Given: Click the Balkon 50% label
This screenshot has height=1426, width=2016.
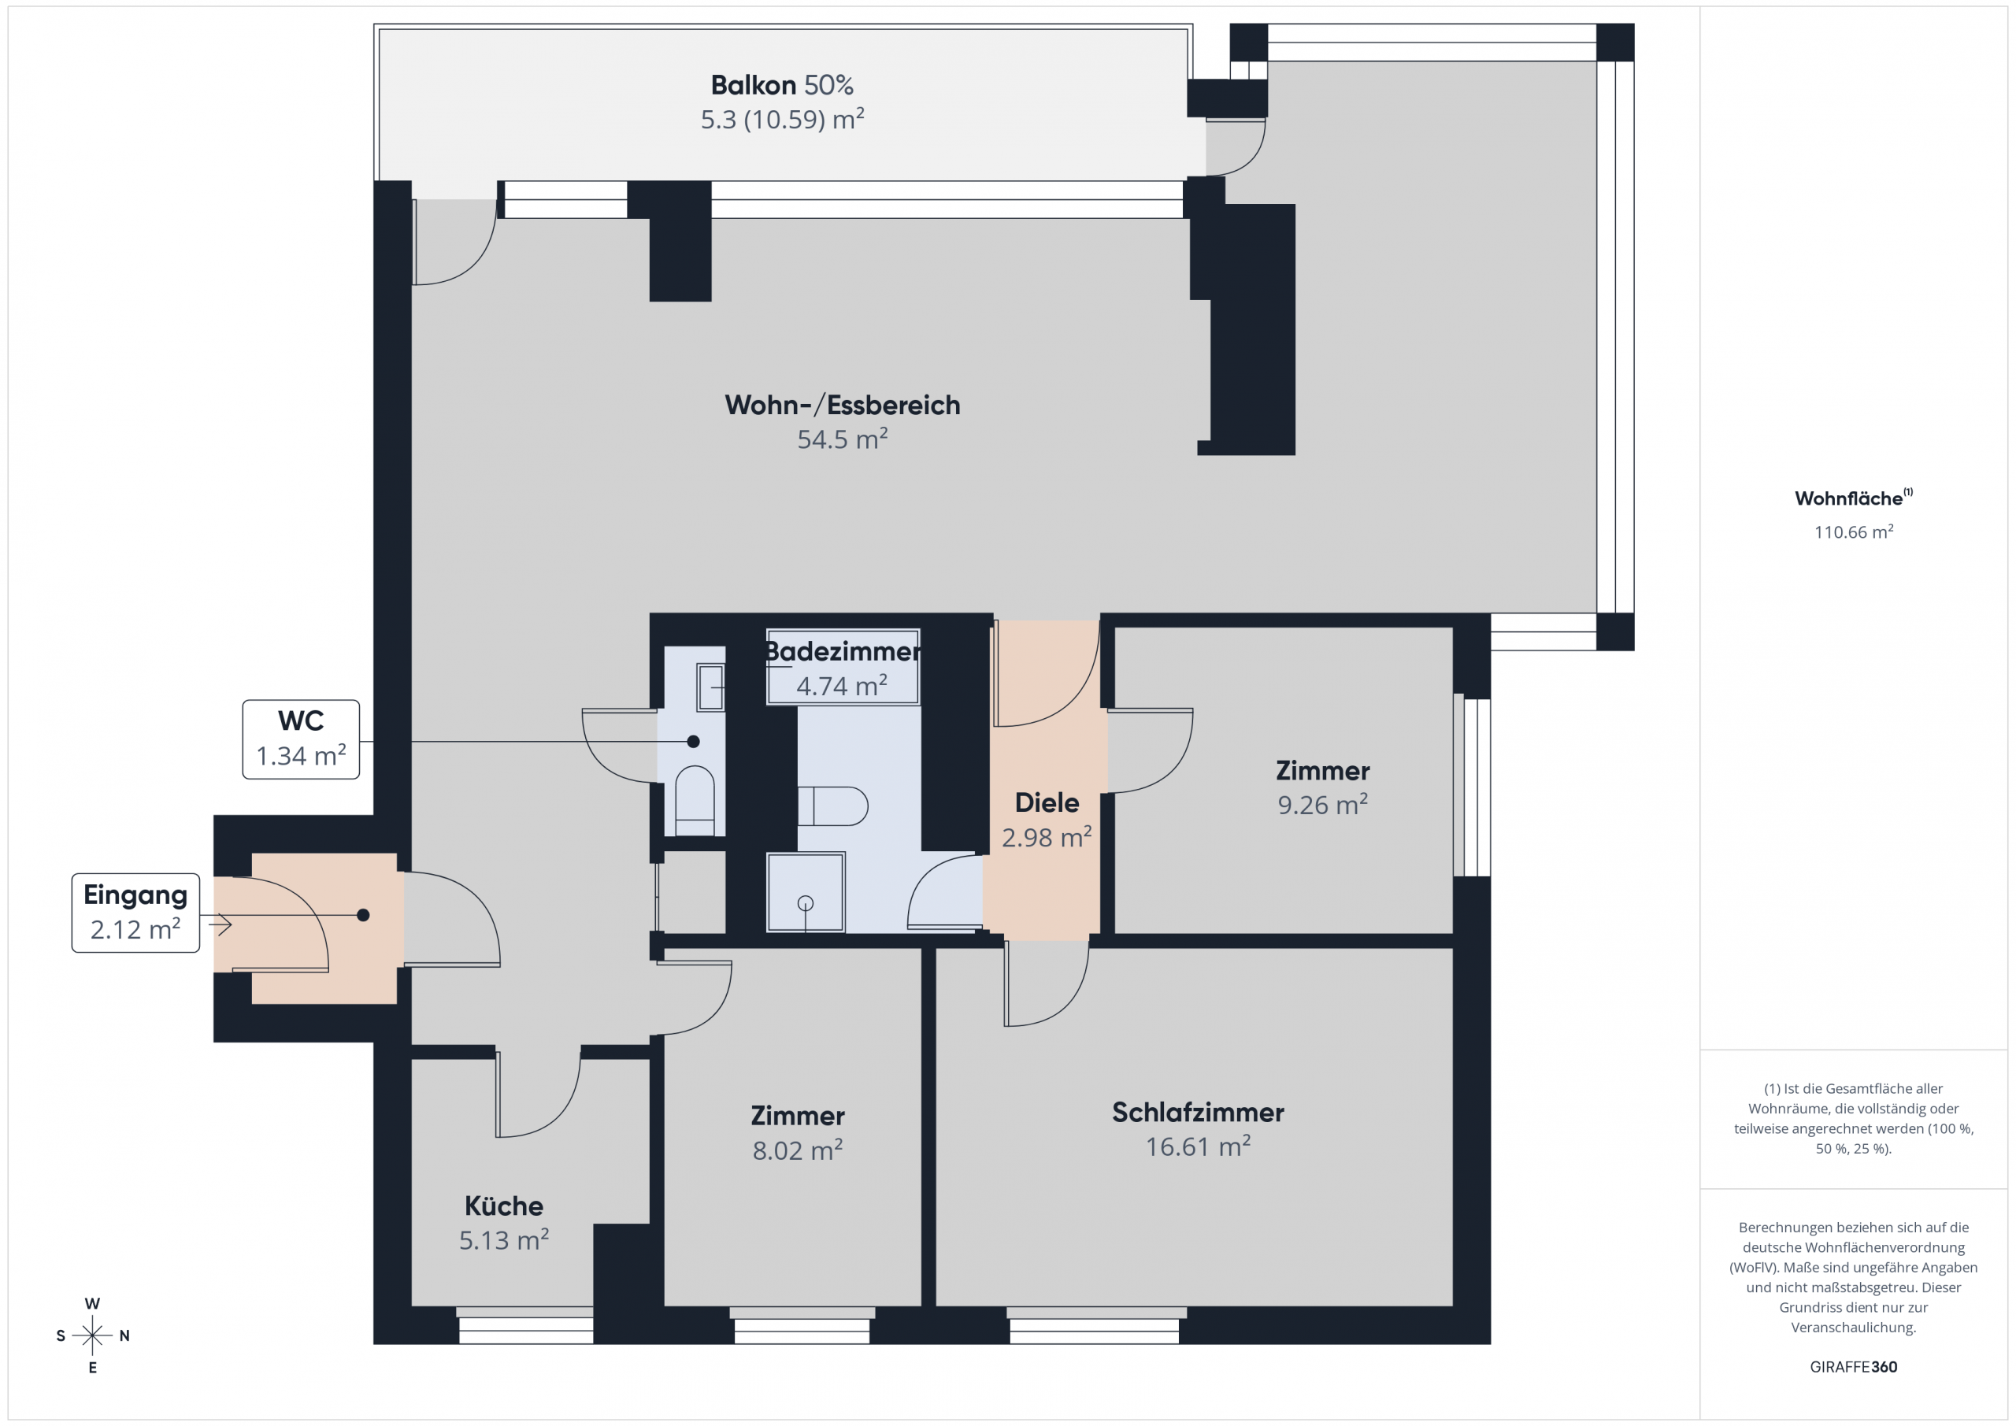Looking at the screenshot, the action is pyautogui.click(x=781, y=85).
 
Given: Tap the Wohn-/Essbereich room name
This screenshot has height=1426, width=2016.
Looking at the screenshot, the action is pyautogui.click(x=842, y=405).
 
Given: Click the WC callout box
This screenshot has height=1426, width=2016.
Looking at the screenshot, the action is pyautogui.click(x=301, y=739).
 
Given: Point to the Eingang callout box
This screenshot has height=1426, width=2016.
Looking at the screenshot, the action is pyautogui.click(x=136, y=913).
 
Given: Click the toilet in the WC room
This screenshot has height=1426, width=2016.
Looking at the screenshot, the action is pyautogui.click(x=695, y=801).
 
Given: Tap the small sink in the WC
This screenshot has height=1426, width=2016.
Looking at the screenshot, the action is pyautogui.click(x=710, y=687).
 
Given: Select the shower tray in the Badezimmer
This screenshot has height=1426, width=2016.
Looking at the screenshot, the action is pyautogui.click(x=805, y=892).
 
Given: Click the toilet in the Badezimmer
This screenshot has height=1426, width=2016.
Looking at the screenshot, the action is pyautogui.click(x=832, y=806).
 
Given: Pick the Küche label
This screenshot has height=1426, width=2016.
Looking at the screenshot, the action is pyautogui.click(x=504, y=1206).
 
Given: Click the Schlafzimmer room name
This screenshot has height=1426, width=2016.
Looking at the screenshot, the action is pyautogui.click(x=1198, y=1113).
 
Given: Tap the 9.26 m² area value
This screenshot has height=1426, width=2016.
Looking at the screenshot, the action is pyautogui.click(x=1322, y=804).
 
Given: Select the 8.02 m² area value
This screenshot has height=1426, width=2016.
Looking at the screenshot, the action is pyautogui.click(x=797, y=1150).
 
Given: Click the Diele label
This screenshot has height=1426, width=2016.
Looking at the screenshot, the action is pyautogui.click(x=1047, y=802).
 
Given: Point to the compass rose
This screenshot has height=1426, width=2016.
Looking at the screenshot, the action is pyautogui.click(x=92, y=1335).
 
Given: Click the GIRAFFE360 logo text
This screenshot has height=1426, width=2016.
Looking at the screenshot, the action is pyautogui.click(x=1854, y=1367).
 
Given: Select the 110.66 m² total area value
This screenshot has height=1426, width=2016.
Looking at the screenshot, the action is pyautogui.click(x=1854, y=532).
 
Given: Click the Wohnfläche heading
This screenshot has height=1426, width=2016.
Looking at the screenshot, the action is pyautogui.click(x=1854, y=498).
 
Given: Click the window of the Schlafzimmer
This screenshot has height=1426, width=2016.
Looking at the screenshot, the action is pyautogui.click(x=1095, y=1325).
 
